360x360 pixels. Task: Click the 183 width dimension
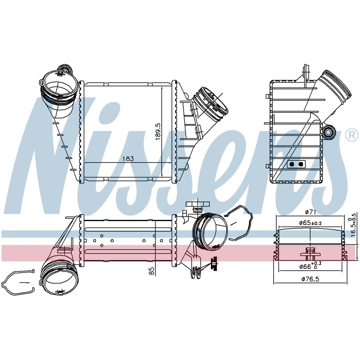pos(128,159)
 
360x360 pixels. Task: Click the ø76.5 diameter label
pos(310,279)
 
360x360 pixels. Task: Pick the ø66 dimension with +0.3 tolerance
pos(310,266)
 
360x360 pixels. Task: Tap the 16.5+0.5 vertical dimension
pos(354,225)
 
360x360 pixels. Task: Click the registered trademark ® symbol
pos(351,136)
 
